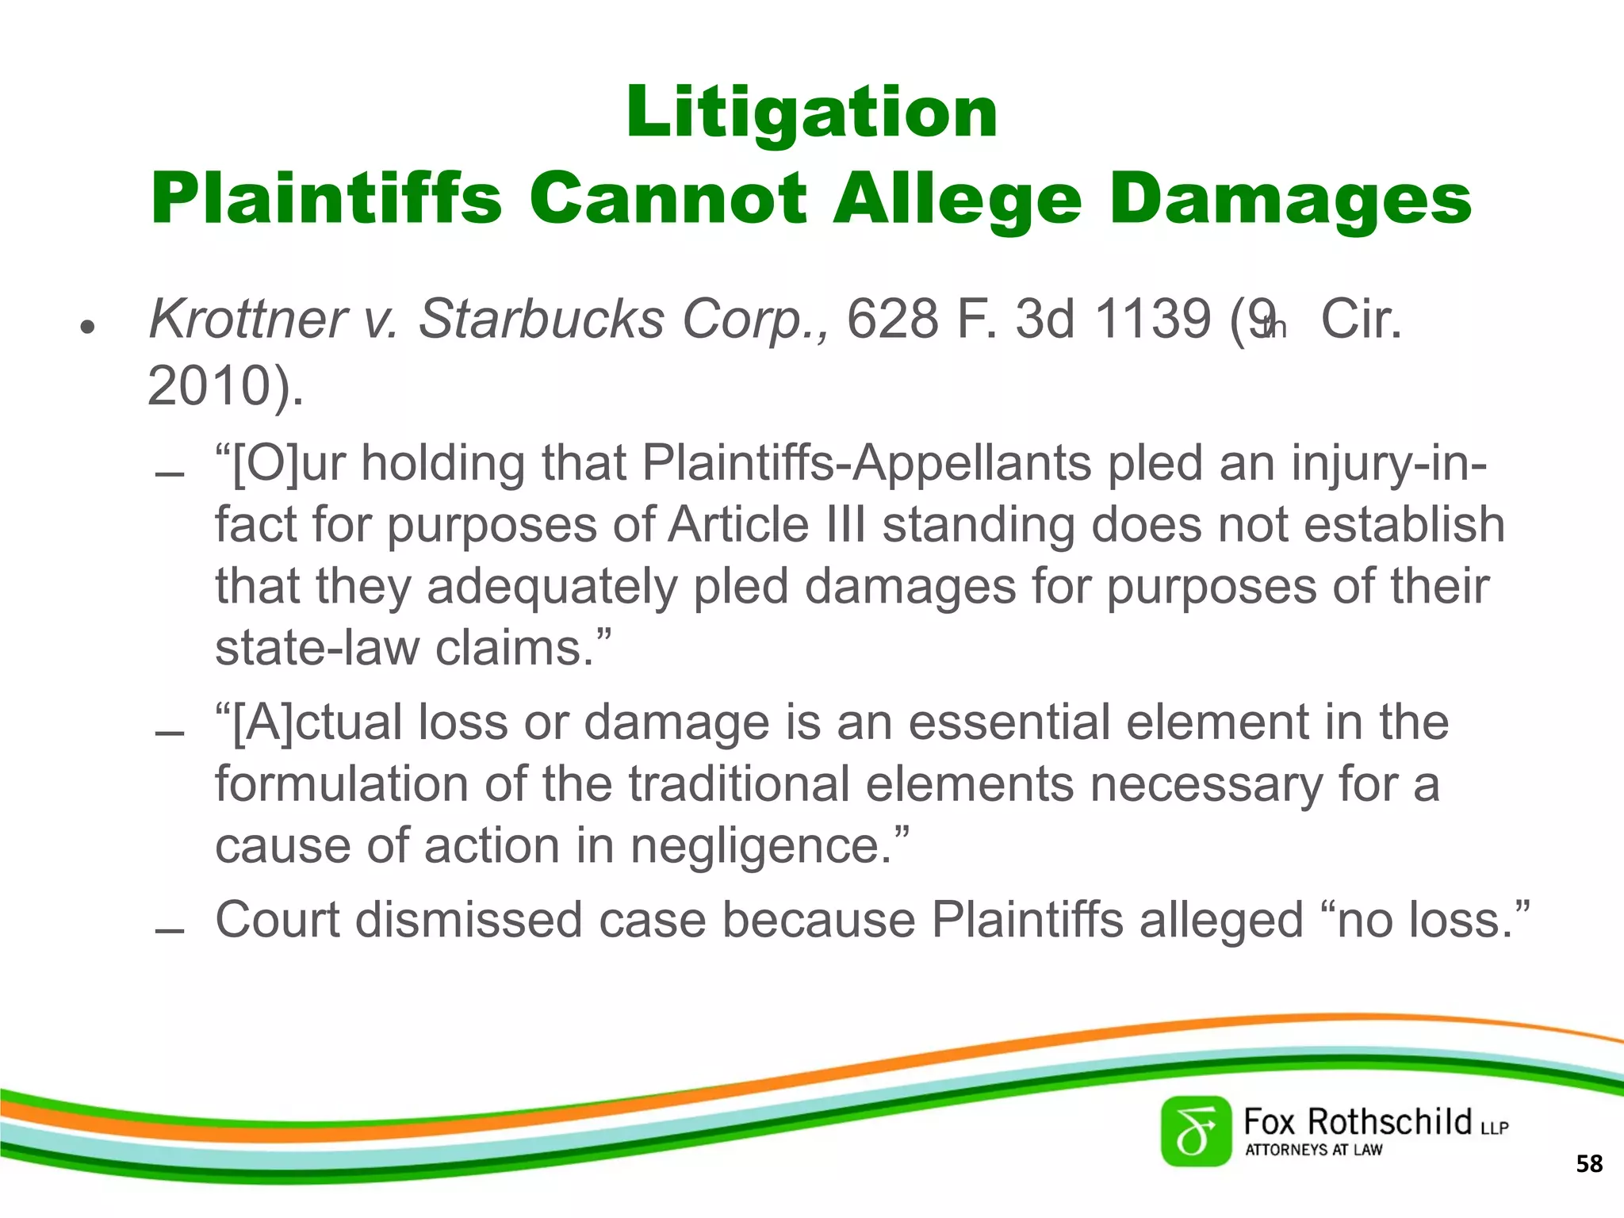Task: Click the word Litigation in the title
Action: click(811, 113)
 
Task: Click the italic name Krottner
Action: click(247, 319)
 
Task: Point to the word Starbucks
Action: click(542, 319)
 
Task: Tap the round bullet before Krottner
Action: click(87, 326)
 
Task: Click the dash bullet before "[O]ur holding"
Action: click(170, 475)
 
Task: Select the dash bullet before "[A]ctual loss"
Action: click(170, 733)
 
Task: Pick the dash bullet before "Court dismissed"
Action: click(170, 931)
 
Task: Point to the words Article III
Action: click(767, 525)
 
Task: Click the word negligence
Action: click(753, 845)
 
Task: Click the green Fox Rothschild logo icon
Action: click(1196, 1132)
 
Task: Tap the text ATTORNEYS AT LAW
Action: click(1313, 1150)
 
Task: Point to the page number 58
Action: click(1589, 1164)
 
